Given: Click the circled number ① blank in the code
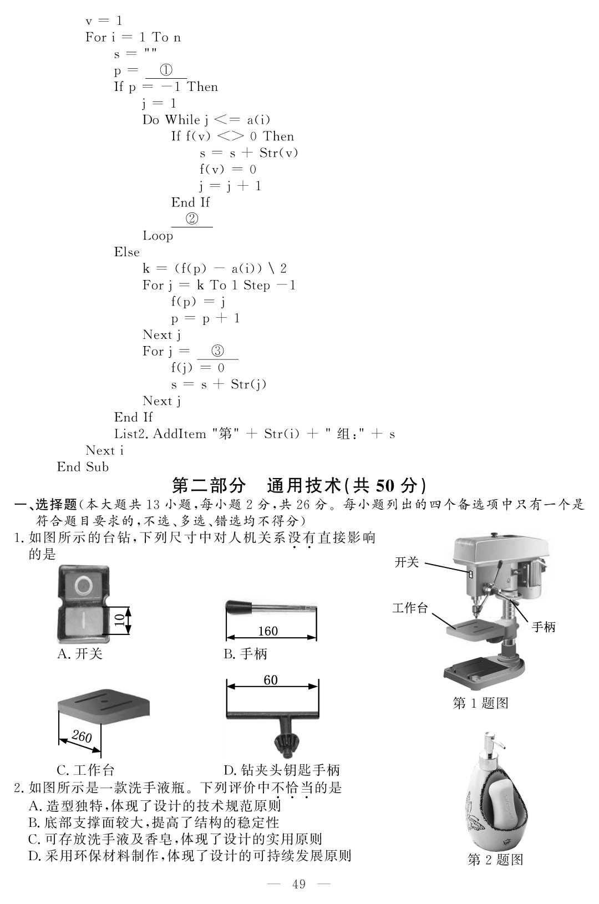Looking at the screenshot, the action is (x=166, y=70).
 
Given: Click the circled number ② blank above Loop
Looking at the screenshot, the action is (x=192, y=219).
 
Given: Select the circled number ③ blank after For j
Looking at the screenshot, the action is (x=217, y=351).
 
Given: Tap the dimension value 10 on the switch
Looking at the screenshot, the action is (x=119, y=620).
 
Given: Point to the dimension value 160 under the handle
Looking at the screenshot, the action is (x=268, y=631).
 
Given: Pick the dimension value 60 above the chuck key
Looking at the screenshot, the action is (x=271, y=680).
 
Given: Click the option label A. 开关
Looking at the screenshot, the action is (x=80, y=654).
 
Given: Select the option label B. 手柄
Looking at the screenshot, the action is (x=245, y=654).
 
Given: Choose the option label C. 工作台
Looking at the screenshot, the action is (x=85, y=770).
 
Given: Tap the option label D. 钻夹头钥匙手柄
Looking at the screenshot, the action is (x=282, y=770).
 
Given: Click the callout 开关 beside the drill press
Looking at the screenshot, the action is (x=407, y=562).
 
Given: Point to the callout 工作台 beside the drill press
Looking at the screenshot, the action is (x=410, y=608).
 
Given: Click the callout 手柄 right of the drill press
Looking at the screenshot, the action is (x=544, y=627).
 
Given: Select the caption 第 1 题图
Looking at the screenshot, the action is (x=481, y=703).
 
